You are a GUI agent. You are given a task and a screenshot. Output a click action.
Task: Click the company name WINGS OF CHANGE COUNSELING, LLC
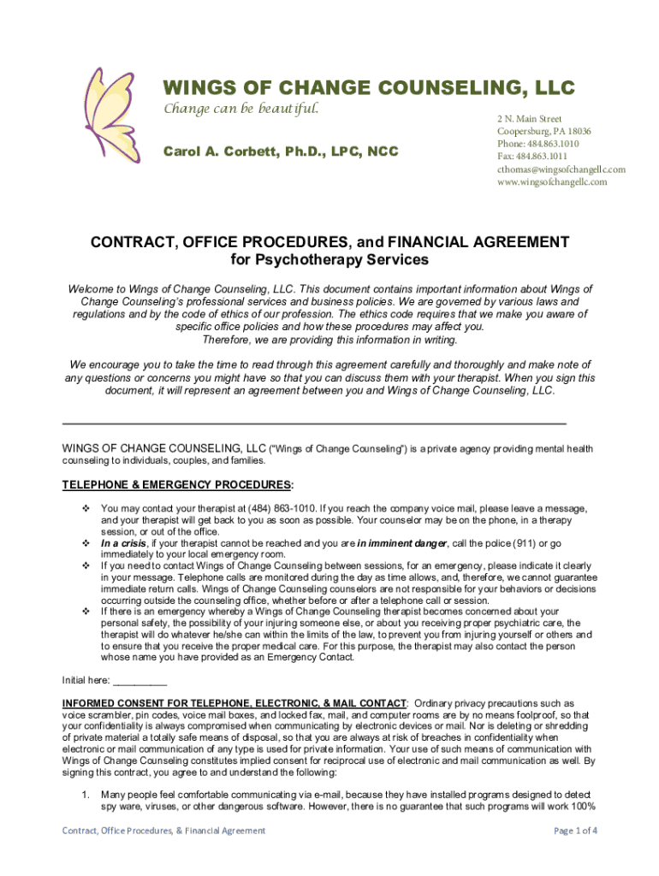pos(369,88)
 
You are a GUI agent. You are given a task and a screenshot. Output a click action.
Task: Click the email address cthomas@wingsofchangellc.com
pos(561,169)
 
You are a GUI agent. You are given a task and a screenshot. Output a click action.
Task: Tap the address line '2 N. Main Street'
pos(529,119)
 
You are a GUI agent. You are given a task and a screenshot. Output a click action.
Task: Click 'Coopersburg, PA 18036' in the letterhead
pos(543,132)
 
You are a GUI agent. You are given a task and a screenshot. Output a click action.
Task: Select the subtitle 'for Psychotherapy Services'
pos(329,259)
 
